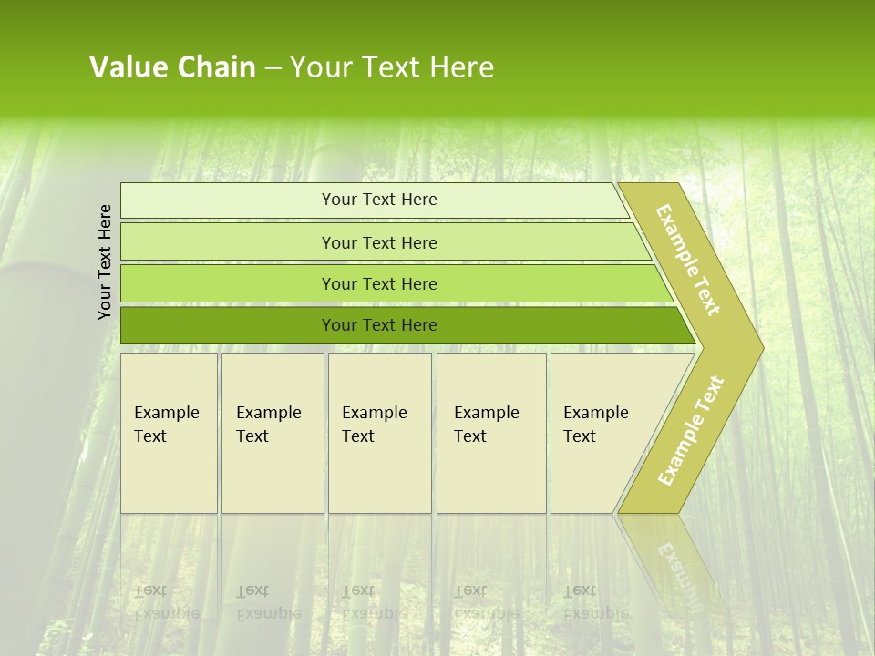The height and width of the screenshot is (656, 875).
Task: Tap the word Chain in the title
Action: tap(215, 67)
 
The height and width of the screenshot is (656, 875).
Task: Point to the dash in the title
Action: tap(273, 68)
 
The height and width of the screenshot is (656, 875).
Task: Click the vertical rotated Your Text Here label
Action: tap(105, 261)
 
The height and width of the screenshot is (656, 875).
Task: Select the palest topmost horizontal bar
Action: tap(374, 200)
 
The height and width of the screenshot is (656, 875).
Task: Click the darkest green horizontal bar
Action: tap(401, 325)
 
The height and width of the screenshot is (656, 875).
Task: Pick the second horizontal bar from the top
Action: tap(383, 242)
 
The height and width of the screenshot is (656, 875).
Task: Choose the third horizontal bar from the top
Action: tap(392, 283)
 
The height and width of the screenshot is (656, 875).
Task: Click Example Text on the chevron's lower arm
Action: tap(691, 430)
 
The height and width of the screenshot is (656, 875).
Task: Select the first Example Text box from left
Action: tap(169, 433)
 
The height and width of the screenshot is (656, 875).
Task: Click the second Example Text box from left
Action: tap(273, 433)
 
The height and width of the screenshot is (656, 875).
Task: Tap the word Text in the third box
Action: tap(358, 436)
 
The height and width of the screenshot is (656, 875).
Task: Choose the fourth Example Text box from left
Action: tap(491, 433)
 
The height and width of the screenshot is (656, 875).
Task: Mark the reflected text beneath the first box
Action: tap(167, 601)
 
